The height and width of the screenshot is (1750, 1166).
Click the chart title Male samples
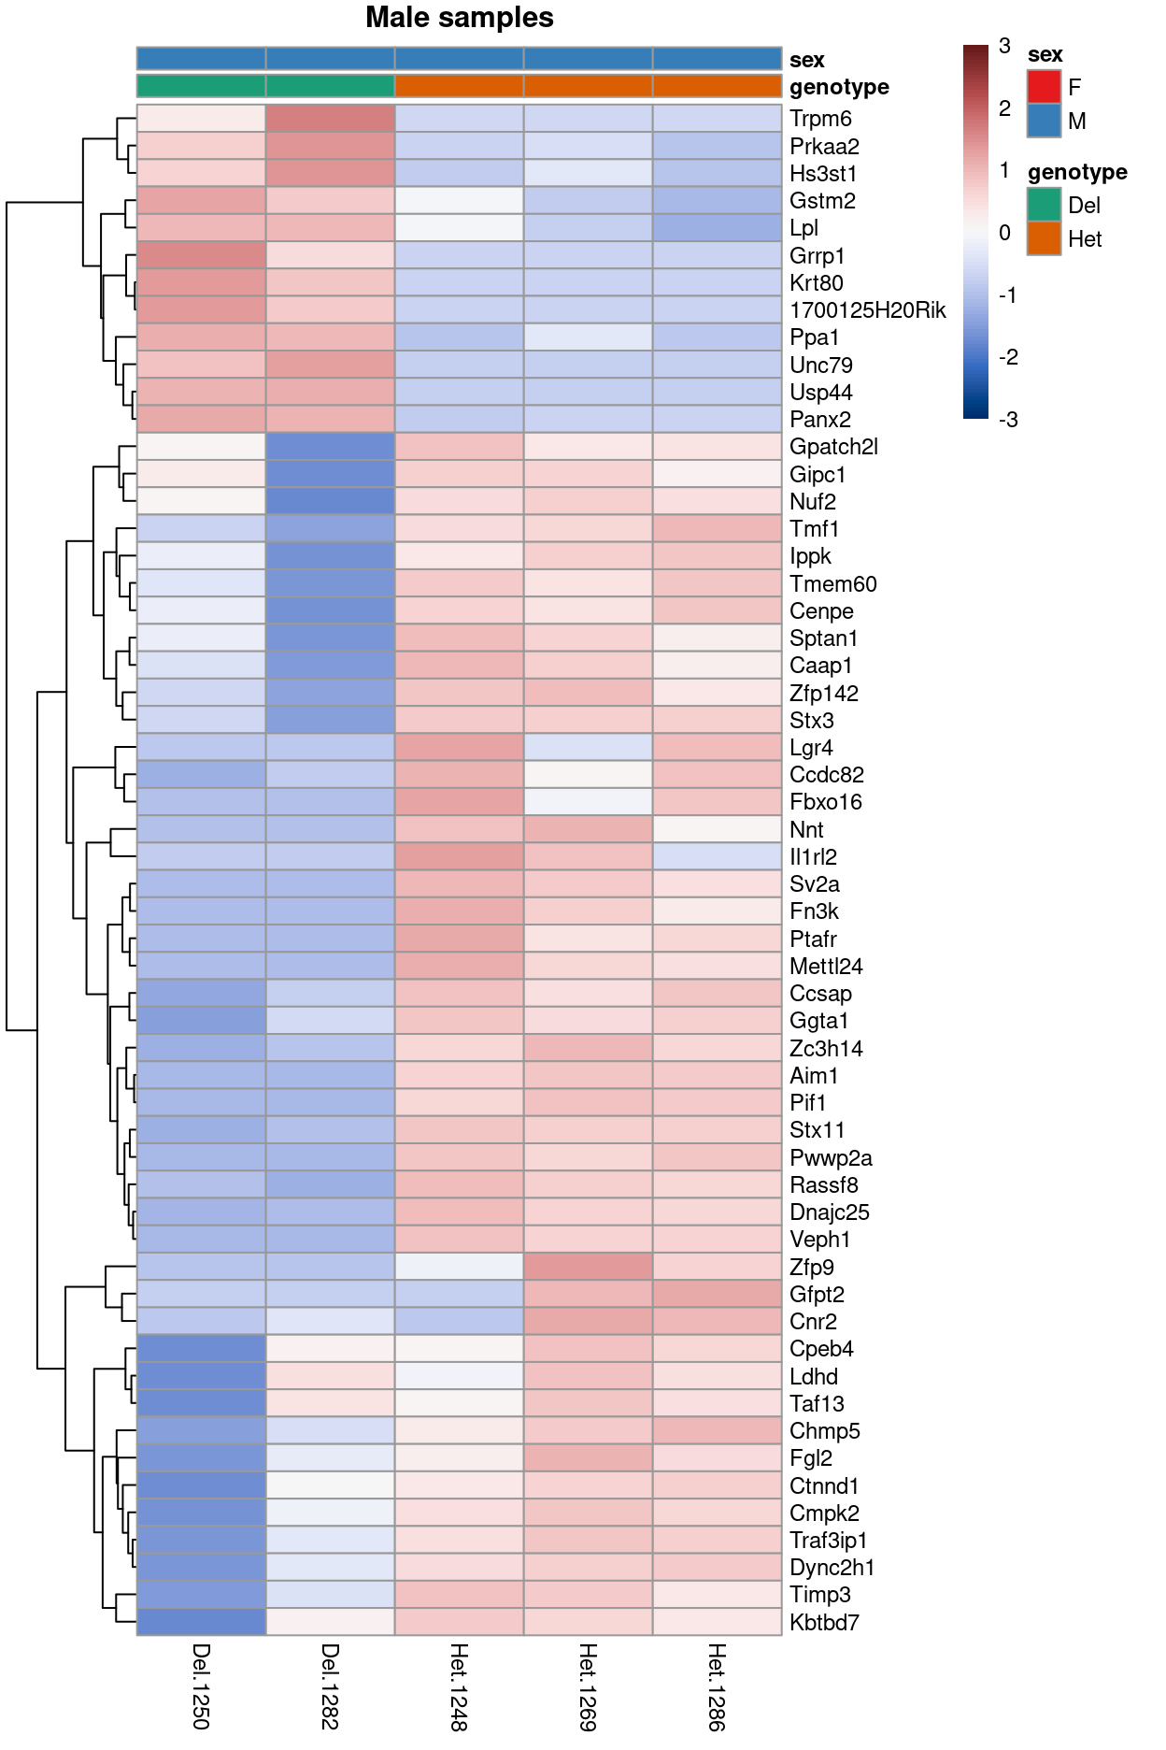point(459,18)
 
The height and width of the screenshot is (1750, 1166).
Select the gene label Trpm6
point(820,119)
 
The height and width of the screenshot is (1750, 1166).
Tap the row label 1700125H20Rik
point(867,310)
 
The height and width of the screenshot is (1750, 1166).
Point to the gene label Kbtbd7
point(824,1623)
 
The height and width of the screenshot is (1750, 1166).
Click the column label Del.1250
point(201,1686)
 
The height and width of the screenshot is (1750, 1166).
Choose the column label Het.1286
point(717,1686)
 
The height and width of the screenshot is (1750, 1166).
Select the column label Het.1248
point(459,1686)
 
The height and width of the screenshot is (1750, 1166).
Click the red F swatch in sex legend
point(1044,87)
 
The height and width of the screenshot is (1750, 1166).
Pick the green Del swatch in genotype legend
point(1044,205)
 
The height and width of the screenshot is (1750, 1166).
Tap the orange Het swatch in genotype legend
point(1044,238)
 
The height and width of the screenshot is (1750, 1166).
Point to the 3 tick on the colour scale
point(1004,46)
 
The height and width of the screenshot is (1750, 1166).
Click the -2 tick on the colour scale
point(1007,357)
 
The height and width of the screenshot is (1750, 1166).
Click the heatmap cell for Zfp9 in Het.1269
point(588,1267)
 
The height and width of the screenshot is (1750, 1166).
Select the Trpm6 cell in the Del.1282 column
point(330,119)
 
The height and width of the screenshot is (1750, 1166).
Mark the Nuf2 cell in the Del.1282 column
point(330,501)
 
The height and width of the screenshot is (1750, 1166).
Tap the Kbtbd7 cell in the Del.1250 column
point(201,1623)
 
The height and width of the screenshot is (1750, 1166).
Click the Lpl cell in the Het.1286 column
point(717,228)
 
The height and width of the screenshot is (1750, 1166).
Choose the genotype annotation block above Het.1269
point(588,86)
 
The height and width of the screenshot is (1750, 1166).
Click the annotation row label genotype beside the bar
point(838,87)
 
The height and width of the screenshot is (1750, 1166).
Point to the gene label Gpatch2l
point(833,447)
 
